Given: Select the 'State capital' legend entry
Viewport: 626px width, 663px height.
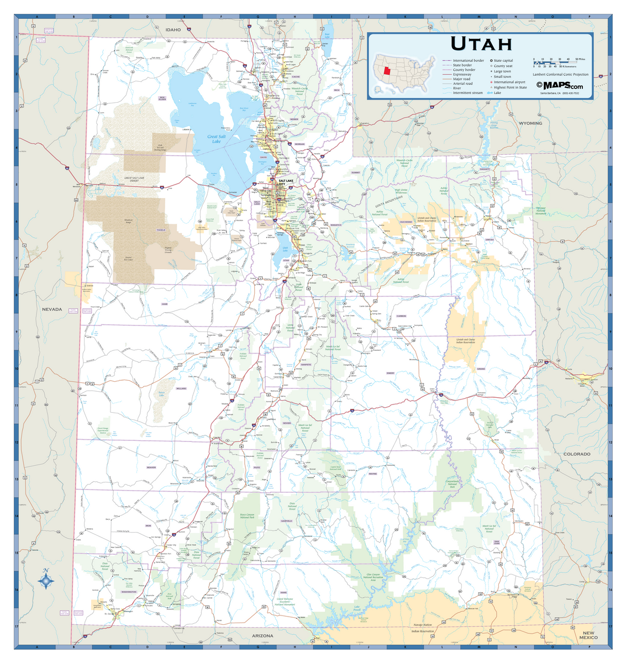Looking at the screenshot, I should pyautogui.click(x=503, y=61).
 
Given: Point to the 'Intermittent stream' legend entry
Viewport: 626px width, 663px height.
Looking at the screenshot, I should pyautogui.click(x=467, y=93).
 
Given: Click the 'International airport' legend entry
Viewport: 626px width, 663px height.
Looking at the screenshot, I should pyautogui.click(x=509, y=82).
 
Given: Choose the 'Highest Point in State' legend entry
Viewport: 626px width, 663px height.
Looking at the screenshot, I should pyautogui.click(x=509, y=87).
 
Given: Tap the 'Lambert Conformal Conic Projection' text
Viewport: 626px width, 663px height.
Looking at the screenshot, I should pyautogui.click(x=560, y=74).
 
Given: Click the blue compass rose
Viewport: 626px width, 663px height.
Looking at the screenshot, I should pyautogui.click(x=46, y=581).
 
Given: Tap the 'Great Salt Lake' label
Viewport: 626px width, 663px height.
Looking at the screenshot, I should pyautogui.click(x=216, y=139).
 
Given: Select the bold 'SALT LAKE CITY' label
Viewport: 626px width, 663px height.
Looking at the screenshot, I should pyautogui.click(x=286, y=182).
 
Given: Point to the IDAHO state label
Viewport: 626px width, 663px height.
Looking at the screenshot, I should pyautogui.click(x=173, y=29).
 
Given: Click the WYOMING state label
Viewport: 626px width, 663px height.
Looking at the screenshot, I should pyautogui.click(x=530, y=123).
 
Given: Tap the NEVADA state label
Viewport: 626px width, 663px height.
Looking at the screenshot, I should pyautogui.click(x=52, y=309).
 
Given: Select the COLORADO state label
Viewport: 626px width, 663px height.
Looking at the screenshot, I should pyautogui.click(x=576, y=454).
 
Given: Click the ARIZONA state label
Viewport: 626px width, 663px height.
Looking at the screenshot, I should pyautogui.click(x=262, y=636).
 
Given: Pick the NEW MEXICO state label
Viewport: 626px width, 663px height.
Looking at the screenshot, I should pyautogui.click(x=588, y=635).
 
